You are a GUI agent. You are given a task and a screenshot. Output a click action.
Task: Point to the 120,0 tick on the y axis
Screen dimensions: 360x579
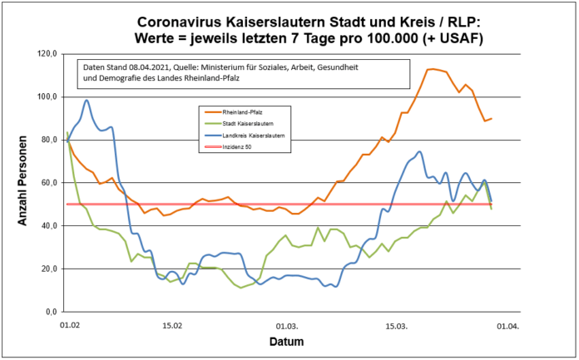tap(47, 54)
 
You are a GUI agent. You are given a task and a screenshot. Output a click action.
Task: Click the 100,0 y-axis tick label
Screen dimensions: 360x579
tap(47, 97)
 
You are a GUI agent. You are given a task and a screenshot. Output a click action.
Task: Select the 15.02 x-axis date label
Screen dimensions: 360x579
tap(172, 327)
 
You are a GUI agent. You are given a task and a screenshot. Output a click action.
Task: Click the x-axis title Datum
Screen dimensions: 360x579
tap(286, 342)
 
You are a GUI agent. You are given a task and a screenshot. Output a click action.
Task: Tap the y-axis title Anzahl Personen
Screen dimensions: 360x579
tap(23, 183)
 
